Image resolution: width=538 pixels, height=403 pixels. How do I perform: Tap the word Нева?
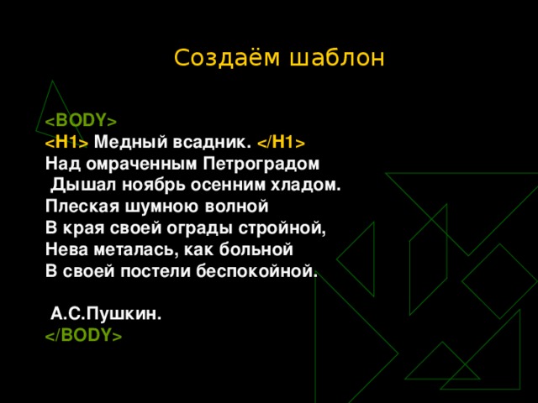66,249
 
